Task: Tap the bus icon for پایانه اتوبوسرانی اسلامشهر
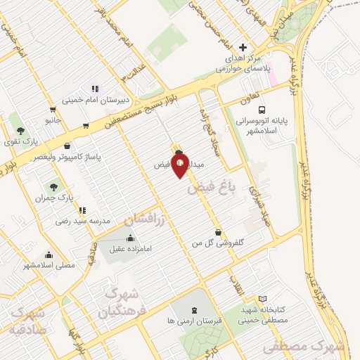pos(262,110)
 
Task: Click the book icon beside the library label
pos(263,299)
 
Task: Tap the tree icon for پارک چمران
pos(53,187)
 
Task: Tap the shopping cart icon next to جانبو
pos(53,110)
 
